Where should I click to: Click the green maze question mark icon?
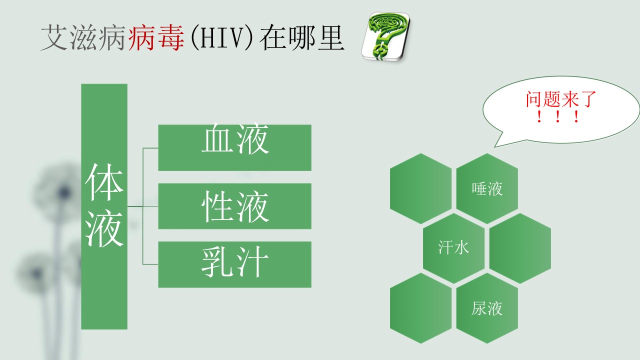(x=385, y=36)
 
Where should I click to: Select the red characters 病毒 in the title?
(x=156, y=37)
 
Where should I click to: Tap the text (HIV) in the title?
(x=221, y=37)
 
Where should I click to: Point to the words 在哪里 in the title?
(x=301, y=37)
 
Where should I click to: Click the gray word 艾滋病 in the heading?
(x=83, y=37)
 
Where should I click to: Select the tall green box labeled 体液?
(x=104, y=206)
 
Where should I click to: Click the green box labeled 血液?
(x=235, y=147)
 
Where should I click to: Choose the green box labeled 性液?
(x=235, y=206)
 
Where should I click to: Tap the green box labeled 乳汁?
(x=235, y=264)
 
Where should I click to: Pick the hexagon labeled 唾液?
(x=487, y=188)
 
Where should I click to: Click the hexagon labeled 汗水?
(x=453, y=248)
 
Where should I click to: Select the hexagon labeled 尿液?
(x=487, y=308)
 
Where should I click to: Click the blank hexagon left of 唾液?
(x=421, y=188)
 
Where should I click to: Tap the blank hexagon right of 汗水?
(x=520, y=248)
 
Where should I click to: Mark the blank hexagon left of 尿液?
(x=421, y=308)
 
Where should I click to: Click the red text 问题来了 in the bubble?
(x=561, y=99)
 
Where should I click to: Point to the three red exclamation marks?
(x=557, y=117)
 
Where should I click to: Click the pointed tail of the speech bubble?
(x=495, y=147)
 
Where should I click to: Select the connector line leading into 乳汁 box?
(x=150, y=264)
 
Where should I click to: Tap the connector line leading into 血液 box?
(x=150, y=148)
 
